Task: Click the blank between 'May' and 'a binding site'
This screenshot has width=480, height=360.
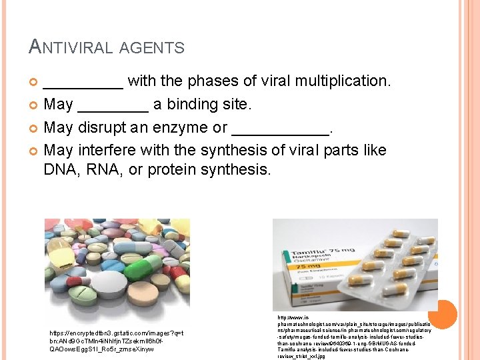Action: point(113,105)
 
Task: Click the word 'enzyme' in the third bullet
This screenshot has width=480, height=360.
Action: point(186,127)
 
